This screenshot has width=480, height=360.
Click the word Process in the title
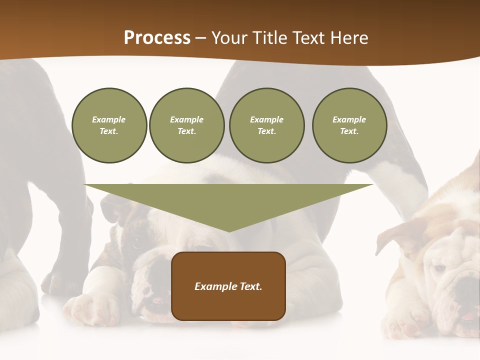click(x=157, y=37)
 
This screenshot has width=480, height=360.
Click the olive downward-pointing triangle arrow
click(x=228, y=202)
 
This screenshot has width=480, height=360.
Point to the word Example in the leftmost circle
click(x=109, y=119)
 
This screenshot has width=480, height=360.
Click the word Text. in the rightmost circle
click(x=349, y=131)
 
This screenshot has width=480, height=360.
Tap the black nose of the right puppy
click(x=467, y=292)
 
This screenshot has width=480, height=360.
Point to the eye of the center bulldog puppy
click(x=136, y=243)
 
